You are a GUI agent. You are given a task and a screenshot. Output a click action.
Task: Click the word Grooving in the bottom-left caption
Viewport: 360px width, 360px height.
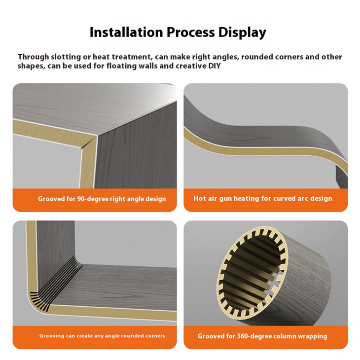pos(52,336)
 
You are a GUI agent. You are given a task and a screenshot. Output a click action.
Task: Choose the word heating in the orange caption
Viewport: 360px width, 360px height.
pos(246,198)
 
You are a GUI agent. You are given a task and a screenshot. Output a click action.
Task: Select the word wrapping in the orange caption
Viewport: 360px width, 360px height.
pos(314,336)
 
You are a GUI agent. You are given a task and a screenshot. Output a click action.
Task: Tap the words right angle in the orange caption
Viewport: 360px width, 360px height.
pos(126,199)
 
